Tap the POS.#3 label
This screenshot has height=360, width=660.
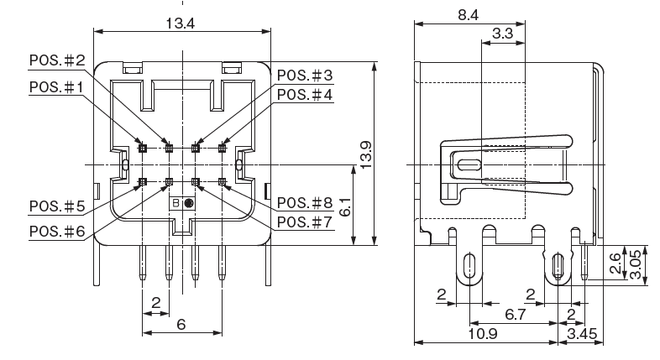[x=305, y=76]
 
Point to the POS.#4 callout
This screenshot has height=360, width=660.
[x=305, y=95]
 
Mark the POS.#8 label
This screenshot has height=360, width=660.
[x=305, y=203]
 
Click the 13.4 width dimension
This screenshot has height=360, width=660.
[x=180, y=23]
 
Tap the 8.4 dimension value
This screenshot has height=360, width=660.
[x=469, y=14]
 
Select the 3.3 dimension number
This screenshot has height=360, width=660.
[x=503, y=34]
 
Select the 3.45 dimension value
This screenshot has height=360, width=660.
[x=583, y=334]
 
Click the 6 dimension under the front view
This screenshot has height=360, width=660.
[x=181, y=325]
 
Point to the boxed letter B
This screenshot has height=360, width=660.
[x=176, y=204]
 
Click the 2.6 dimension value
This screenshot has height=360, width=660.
[x=615, y=263]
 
